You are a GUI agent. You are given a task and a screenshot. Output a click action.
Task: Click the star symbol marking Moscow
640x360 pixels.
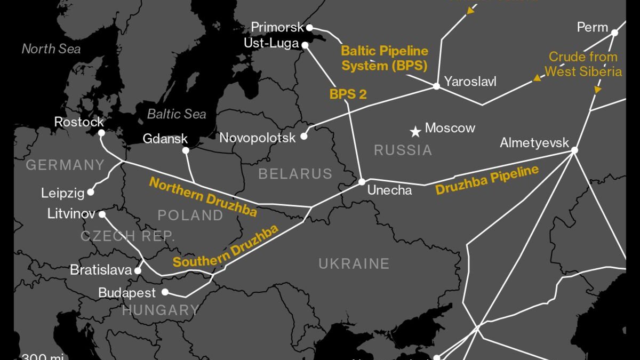tap(415, 131)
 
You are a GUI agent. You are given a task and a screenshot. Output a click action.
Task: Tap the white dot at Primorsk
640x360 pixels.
tap(309, 27)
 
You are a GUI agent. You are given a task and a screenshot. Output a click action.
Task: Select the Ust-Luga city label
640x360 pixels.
tap(271, 43)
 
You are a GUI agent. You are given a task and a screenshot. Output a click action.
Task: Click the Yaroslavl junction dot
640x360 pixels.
tap(436, 86)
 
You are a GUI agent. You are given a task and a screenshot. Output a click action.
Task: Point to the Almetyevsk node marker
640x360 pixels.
tap(574, 150)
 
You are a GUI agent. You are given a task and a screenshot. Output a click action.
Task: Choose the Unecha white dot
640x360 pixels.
tap(362, 182)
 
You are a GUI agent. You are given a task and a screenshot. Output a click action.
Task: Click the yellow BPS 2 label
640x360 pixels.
tap(348, 94)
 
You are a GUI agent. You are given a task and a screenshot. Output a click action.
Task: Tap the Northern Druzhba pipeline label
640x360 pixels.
tap(203, 197)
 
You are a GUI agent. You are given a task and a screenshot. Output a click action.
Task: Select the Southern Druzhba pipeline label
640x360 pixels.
tap(226, 246)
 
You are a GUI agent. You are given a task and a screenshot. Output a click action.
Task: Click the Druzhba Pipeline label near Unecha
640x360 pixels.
tap(487, 180)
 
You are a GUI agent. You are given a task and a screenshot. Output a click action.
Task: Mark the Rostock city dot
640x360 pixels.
tap(101, 133)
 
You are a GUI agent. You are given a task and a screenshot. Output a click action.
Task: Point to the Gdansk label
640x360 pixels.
tap(165, 139)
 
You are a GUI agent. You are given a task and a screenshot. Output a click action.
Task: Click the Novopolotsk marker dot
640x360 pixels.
tap(304, 137)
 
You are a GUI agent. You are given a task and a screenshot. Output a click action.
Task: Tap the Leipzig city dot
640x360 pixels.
tap(91, 192)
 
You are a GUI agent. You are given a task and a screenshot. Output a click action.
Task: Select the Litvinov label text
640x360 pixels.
tap(71, 214)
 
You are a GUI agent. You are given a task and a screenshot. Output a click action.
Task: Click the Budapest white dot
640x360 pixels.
tap(165, 292)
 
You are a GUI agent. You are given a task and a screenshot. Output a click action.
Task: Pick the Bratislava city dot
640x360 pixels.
tap(138, 270)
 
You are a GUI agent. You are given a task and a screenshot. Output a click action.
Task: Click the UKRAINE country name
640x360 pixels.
tap(354, 263)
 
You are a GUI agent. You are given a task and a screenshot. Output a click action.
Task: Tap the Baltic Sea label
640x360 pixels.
tap(177, 114)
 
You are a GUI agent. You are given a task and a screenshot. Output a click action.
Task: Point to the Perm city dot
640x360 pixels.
tap(614, 33)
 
